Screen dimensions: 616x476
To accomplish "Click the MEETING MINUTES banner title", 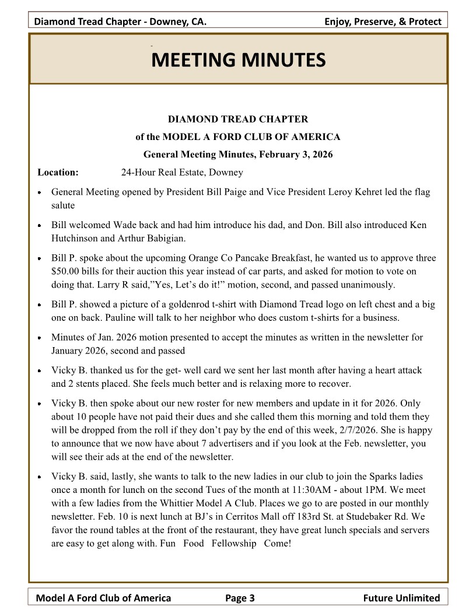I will coord(238,60).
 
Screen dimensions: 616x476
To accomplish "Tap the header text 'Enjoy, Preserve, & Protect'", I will coord(383,22).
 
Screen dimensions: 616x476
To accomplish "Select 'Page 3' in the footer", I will coord(240,597).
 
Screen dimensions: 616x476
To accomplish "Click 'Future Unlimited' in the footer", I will coord(401,597).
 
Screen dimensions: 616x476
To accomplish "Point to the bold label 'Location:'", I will coord(58,172).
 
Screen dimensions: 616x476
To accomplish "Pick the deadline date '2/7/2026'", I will coord(321,430).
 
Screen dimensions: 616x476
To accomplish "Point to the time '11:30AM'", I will coord(320,489).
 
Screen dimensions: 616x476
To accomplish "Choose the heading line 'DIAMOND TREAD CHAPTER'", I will coord(238,120).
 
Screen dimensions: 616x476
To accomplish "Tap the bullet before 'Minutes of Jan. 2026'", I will coord(38,338).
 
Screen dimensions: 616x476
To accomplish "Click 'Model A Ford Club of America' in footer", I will coord(104,597).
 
